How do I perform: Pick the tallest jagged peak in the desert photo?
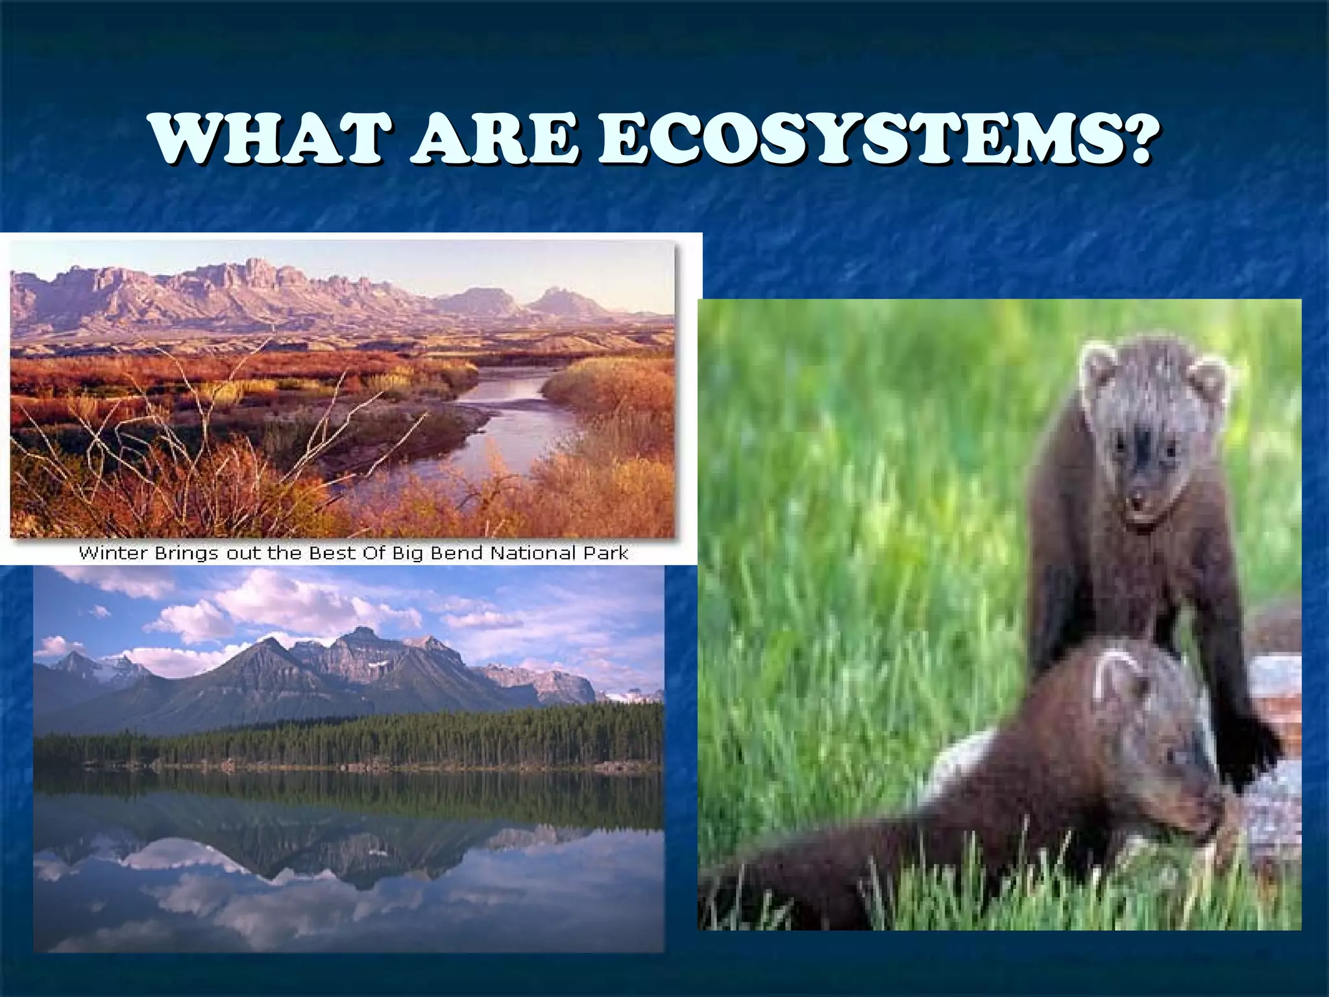pos(256,269)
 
